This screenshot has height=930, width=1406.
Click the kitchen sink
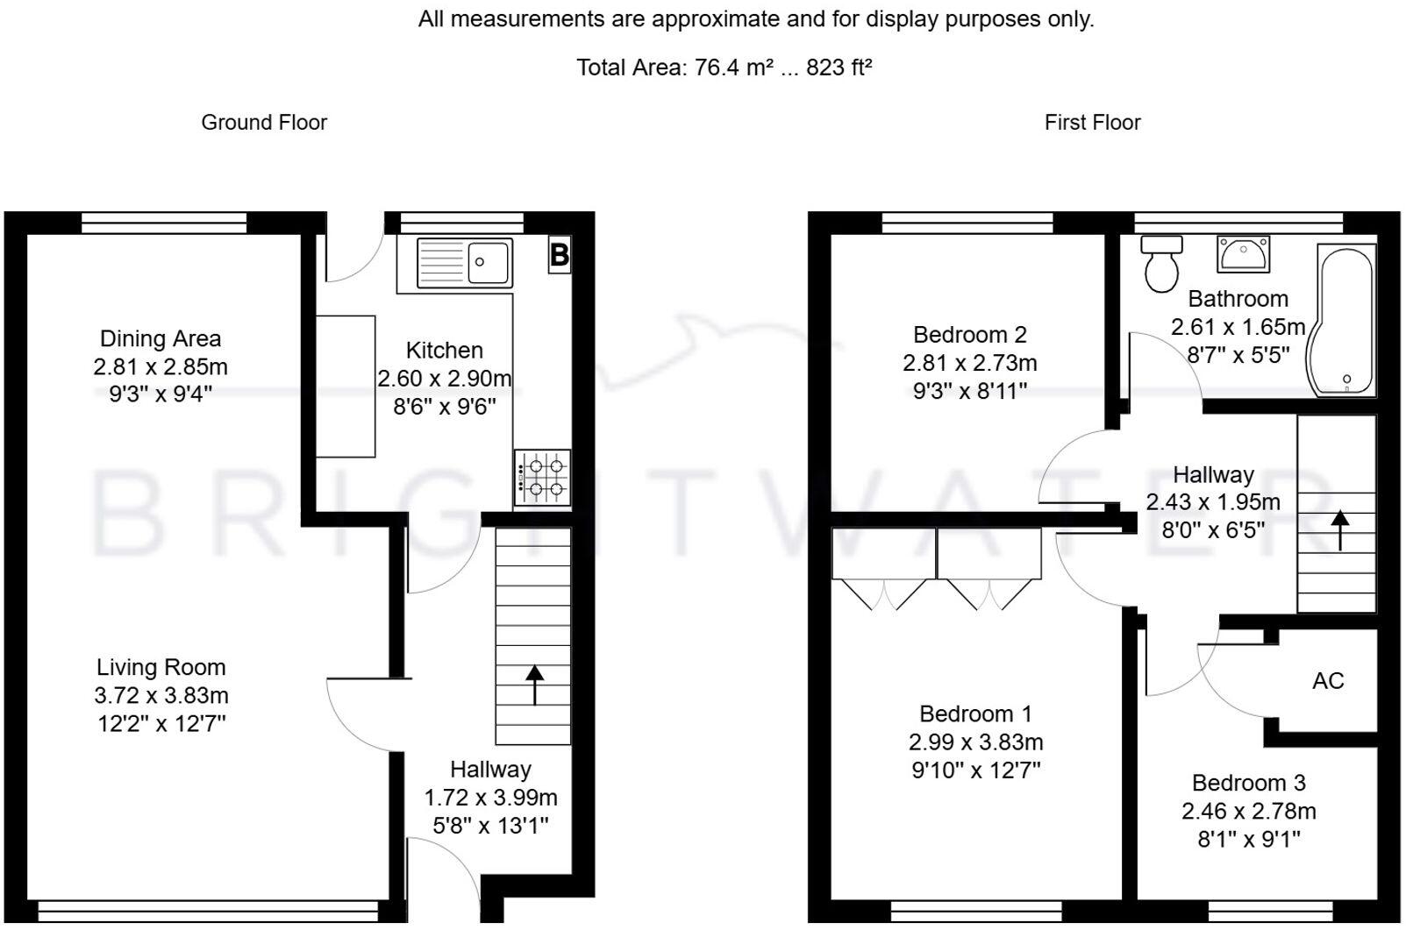coord(465,262)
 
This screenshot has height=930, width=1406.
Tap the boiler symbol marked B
coord(560,254)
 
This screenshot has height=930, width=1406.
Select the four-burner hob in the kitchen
coord(542,477)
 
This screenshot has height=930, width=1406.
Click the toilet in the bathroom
coord(1161,264)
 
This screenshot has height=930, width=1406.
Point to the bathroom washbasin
coord(1243,254)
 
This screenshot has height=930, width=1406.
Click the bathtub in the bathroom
coord(1343,320)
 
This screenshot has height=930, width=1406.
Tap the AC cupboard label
coord(1328,680)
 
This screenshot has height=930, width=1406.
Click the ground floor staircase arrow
coord(534,685)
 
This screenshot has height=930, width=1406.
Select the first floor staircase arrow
coord(1340,530)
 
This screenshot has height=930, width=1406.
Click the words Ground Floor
coord(264,123)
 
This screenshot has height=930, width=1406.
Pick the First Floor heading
coord(1092,123)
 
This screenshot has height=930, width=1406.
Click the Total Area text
coord(724,67)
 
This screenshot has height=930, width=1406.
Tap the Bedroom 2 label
coord(970,335)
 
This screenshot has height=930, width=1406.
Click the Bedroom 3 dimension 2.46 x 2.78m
coord(1248,811)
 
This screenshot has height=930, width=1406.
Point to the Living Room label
coord(161,667)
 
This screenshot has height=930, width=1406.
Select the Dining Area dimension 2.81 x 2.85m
coord(161,366)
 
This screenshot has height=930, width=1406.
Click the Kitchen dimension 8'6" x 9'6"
coord(445,407)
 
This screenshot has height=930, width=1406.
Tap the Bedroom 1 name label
coord(975,713)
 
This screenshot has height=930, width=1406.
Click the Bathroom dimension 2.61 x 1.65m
coord(1238,327)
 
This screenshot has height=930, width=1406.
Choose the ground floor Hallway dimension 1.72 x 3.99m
coord(491,797)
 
